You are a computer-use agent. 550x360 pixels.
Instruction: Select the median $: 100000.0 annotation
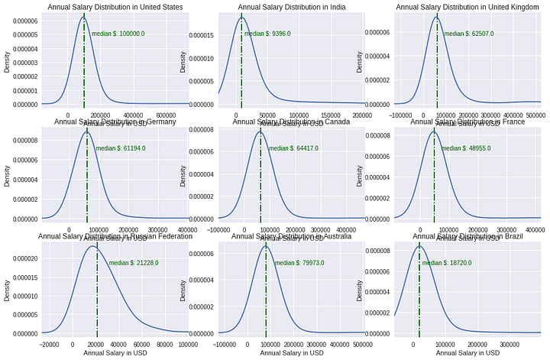(x=118, y=34)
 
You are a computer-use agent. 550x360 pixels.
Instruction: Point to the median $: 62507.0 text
(x=469, y=34)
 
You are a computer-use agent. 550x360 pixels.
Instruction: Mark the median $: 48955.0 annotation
(x=466, y=148)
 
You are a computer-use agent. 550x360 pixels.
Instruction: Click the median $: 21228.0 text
(x=134, y=263)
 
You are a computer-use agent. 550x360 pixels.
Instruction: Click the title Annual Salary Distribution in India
(x=291, y=8)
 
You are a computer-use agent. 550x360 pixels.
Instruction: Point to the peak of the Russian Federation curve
(x=92, y=246)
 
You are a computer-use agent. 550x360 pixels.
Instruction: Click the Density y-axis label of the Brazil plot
(x=361, y=290)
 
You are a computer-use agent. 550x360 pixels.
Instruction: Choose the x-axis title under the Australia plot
(x=291, y=353)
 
